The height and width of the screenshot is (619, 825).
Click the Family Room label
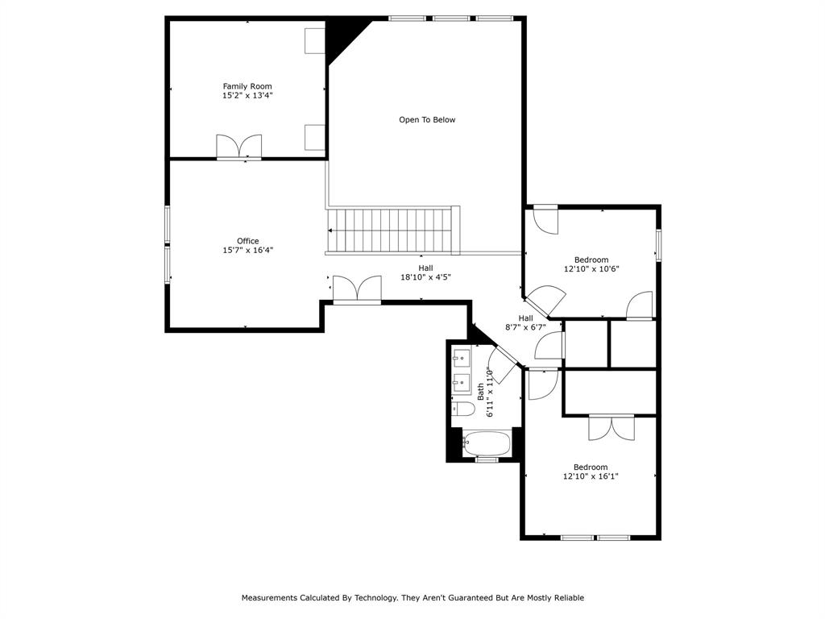pyautogui.click(x=247, y=86)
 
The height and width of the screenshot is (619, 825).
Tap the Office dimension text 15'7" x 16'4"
pyautogui.click(x=248, y=251)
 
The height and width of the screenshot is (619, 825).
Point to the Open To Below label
pyautogui.click(x=427, y=120)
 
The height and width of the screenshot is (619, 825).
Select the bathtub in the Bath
pyautogui.click(x=487, y=444)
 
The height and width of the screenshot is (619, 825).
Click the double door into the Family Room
pyautogui.click(x=238, y=147)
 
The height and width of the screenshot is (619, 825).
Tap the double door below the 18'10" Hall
pyautogui.click(x=357, y=289)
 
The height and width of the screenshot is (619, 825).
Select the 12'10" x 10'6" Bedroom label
pyautogui.click(x=591, y=264)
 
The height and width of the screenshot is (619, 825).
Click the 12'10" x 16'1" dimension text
pyautogui.click(x=591, y=477)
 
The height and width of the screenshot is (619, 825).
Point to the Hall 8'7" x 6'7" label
pyautogui.click(x=525, y=322)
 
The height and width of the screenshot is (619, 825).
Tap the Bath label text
pyautogui.click(x=480, y=392)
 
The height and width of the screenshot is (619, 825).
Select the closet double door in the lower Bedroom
pyautogui.click(x=611, y=428)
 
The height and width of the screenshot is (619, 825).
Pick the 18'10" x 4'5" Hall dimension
pyautogui.click(x=426, y=277)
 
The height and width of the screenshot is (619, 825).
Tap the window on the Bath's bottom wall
pyautogui.click(x=487, y=460)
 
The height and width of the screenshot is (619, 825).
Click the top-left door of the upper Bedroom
pyautogui.click(x=546, y=219)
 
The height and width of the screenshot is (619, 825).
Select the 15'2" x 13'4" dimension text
pyautogui.click(x=247, y=96)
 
